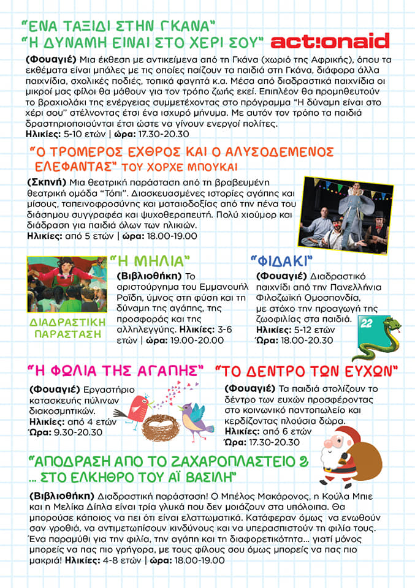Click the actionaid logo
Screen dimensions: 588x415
[x=330, y=42]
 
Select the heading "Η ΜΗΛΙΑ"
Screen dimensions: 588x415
[x=154, y=261]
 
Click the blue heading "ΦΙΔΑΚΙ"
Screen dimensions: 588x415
[x=282, y=260]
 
